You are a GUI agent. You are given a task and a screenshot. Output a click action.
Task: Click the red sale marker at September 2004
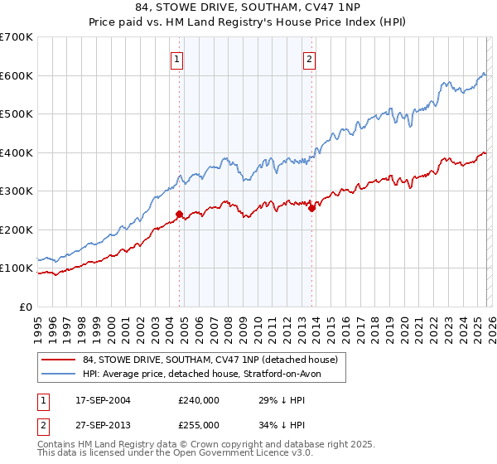pyautogui.click(x=179, y=214)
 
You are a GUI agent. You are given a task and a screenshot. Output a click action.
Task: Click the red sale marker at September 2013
pyautogui.click(x=311, y=209)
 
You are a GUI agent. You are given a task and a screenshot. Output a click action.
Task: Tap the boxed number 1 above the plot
pyautogui.click(x=178, y=59)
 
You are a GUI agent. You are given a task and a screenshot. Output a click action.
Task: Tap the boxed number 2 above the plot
pyautogui.click(x=309, y=59)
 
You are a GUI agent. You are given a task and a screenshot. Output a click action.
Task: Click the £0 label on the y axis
pyautogui.click(x=25, y=307)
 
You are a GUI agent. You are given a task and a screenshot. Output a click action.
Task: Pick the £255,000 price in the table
pyautogui.click(x=199, y=425)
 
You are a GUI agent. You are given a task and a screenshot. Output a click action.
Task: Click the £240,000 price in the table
pyautogui.click(x=199, y=400)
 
